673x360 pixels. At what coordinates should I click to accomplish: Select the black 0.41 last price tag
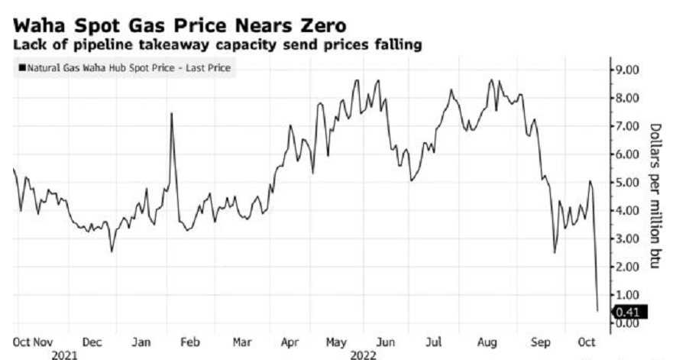click(630, 311)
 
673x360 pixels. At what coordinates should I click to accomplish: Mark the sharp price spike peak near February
click(171, 113)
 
